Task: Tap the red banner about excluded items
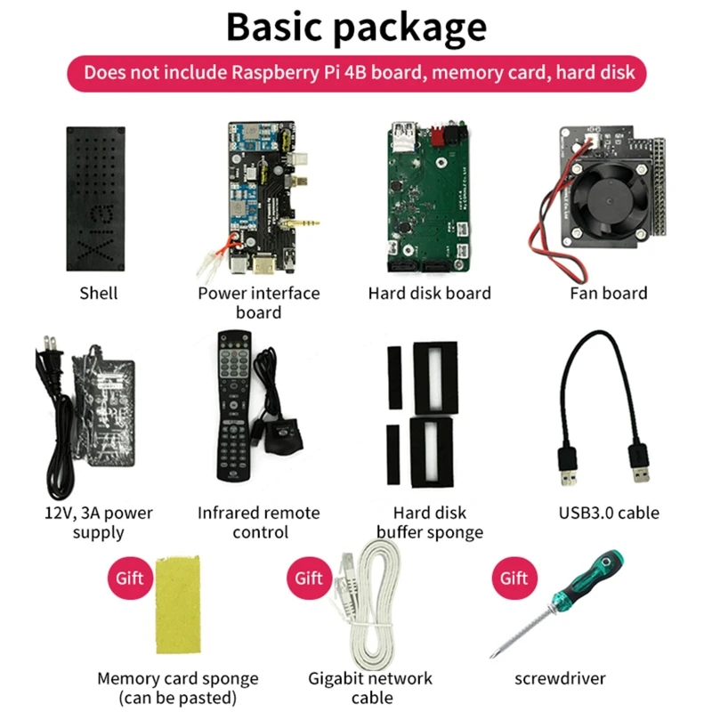pyautogui.click(x=356, y=72)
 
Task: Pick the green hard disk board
pyautogui.click(x=426, y=197)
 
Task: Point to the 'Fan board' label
pyautogui.click(x=609, y=293)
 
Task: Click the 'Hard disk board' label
pyautogui.click(x=429, y=293)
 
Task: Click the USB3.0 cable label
pyautogui.click(x=609, y=513)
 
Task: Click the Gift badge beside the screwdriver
pyautogui.click(x=514, y=578)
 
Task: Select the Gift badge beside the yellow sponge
pyautogui.click(x=129, y=578)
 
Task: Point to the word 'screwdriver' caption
pyautogui.click(x=560, y=678)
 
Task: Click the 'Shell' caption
pyautogui.click(x=98, y=293)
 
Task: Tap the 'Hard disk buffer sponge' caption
pyautogui.click(x=430, y=522)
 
